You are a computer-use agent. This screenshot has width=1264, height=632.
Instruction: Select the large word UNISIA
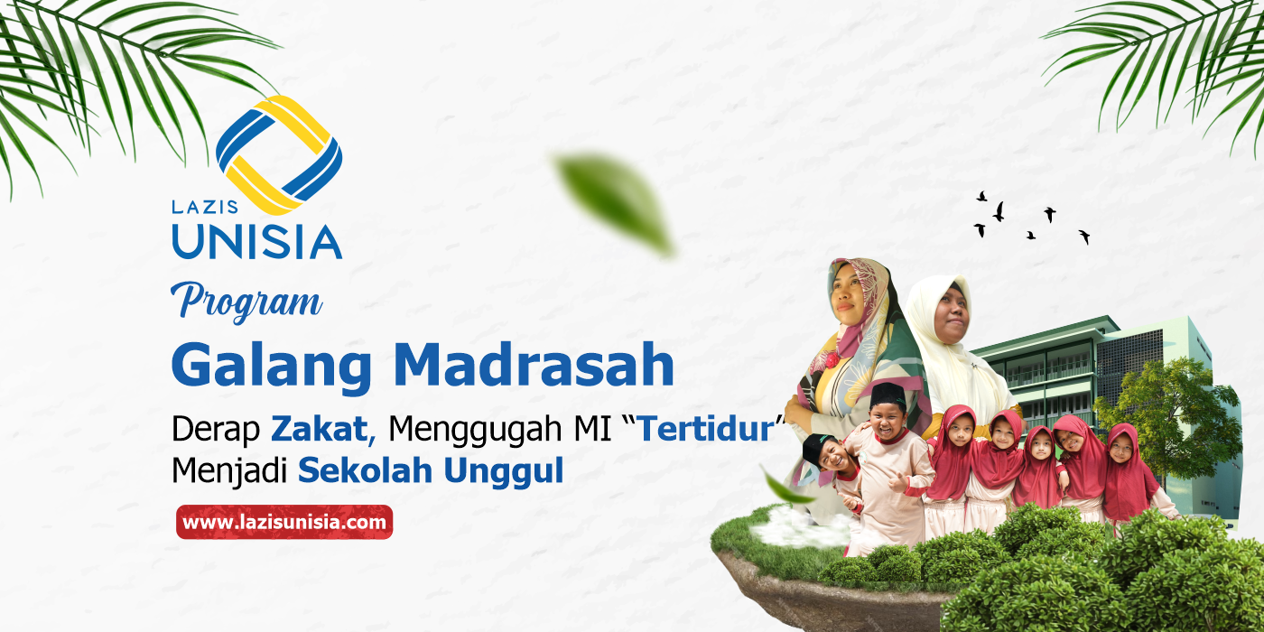coord(256,241)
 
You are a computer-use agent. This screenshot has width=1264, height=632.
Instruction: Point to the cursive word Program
coord(250,301)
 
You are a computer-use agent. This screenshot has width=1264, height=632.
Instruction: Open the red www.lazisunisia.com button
coord(284,522)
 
